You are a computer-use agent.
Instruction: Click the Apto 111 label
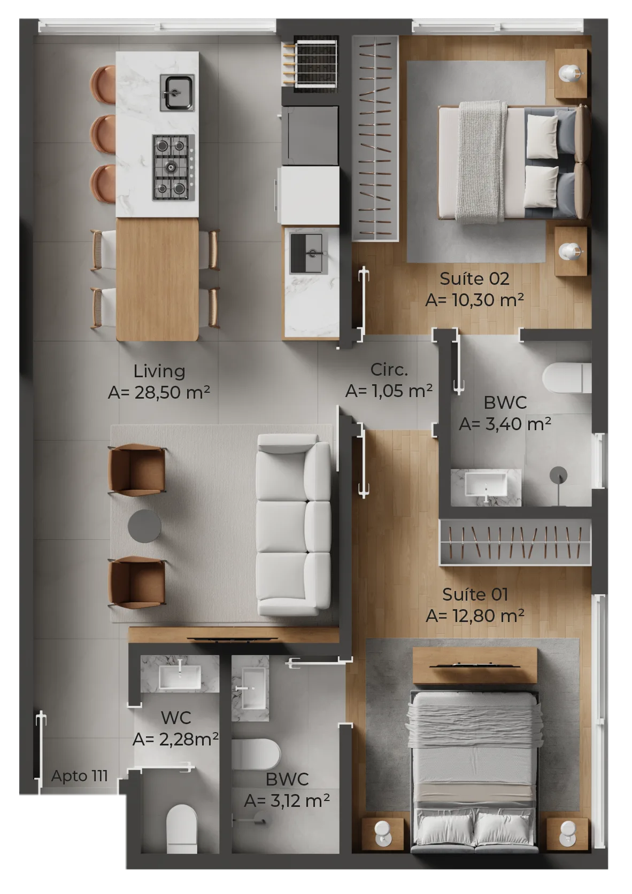79,776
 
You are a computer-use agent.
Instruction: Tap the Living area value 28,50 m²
159,393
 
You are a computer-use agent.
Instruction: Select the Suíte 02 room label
474,279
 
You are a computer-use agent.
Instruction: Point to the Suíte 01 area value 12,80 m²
475,616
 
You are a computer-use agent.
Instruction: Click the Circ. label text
389,369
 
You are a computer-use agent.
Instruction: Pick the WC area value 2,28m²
175,740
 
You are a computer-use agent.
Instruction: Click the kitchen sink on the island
177,93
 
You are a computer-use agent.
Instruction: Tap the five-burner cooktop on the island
172,167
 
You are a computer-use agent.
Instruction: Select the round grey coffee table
144,526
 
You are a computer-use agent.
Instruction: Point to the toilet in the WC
182,828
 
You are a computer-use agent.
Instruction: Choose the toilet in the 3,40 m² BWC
567,378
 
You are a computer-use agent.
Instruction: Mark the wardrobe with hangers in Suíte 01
515,543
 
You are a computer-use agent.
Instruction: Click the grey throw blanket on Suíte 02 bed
481,160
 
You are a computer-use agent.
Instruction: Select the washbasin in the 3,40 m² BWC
485,485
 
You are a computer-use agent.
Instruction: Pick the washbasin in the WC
180,676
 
